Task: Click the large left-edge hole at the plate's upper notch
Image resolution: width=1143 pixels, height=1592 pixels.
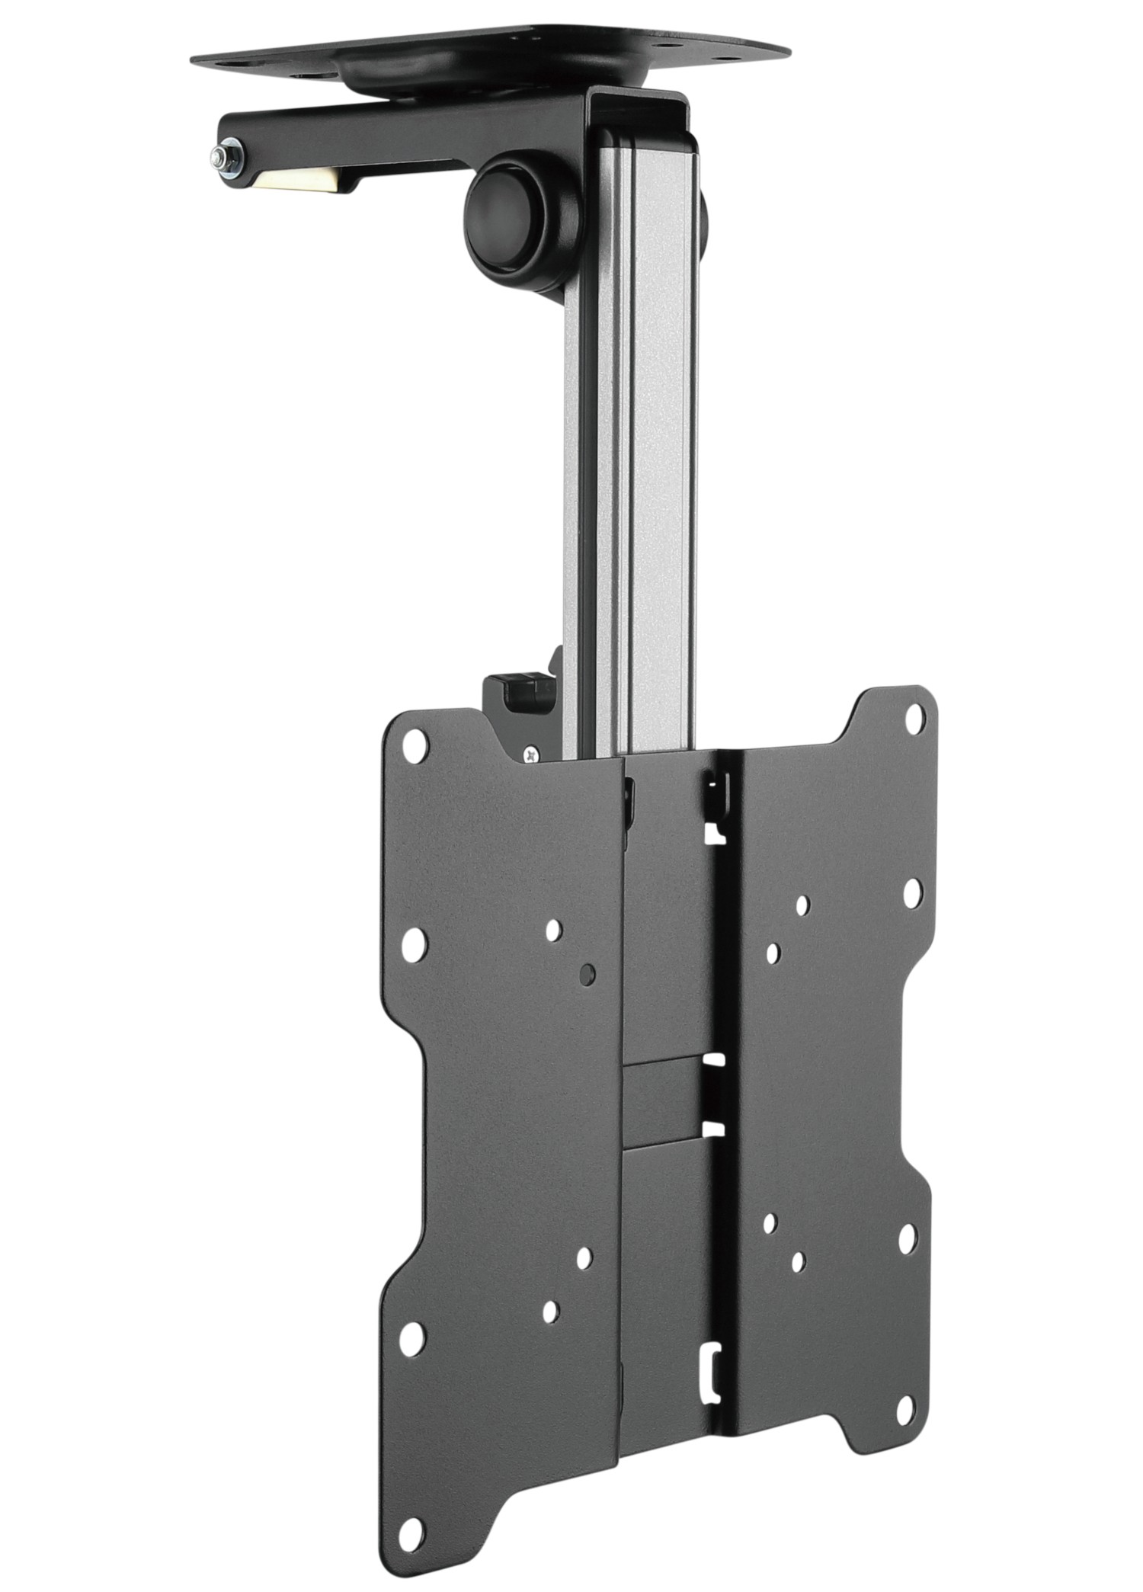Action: click(412, 946)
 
